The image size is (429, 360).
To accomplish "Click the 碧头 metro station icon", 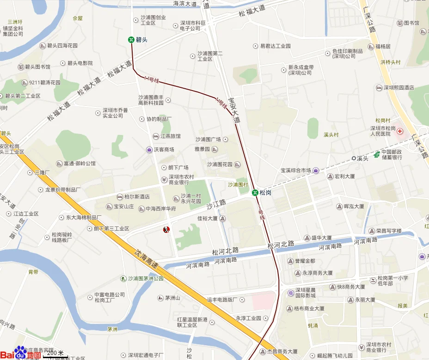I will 132,40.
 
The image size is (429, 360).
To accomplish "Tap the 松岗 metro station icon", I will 255,192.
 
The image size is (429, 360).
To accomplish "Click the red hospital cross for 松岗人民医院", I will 399,131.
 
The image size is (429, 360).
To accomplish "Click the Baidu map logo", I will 20,353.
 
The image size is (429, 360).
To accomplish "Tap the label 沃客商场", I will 164,150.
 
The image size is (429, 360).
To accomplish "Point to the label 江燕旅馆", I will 170,136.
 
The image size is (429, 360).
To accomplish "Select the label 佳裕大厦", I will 208,219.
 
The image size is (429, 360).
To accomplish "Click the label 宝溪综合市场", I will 295,171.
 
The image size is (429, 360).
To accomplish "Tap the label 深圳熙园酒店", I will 398,88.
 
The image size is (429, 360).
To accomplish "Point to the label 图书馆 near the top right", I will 411,23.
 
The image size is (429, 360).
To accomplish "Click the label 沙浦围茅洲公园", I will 146,279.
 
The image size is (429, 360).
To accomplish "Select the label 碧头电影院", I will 80,63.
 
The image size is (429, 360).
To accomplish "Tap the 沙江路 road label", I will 216,204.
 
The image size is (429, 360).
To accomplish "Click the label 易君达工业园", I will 275,46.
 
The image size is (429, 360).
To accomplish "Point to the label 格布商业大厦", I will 309,308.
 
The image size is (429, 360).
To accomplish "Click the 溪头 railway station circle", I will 354,158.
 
